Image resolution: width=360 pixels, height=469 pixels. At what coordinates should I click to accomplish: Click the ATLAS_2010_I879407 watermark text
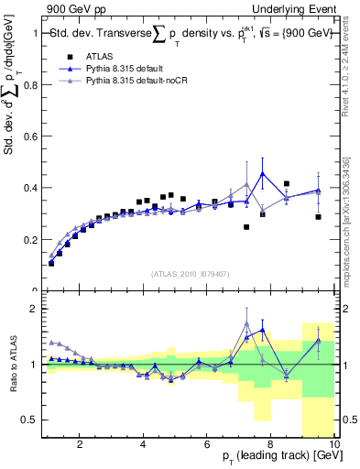pyautogui.click(x=190, y=273)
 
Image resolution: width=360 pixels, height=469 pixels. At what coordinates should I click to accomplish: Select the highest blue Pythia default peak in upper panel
pyautogui.click(x=263, y=173)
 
